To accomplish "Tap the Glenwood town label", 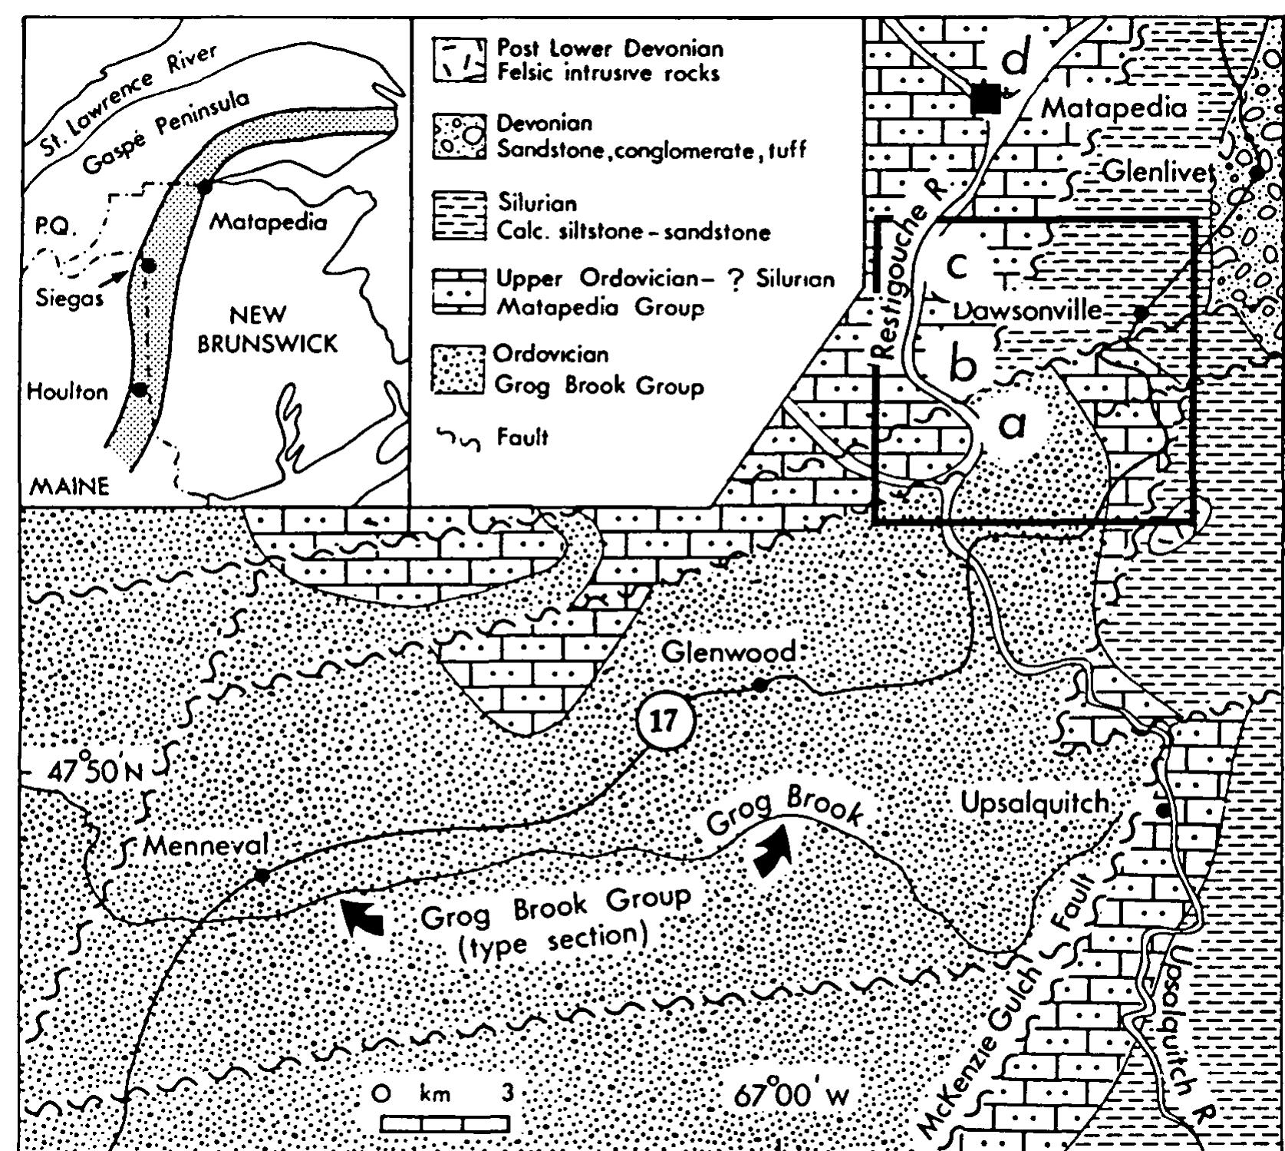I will [728, 652].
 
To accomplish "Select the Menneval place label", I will [206, 846].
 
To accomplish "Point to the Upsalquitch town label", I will [1035, 803].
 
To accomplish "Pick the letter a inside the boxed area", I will [1012, 422].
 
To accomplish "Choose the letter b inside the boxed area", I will [962, 364].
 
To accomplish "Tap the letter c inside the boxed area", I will [957, 265].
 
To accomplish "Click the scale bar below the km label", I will [446, 1124].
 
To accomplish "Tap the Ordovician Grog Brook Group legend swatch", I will [458, 369].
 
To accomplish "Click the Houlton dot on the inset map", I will [139, 390].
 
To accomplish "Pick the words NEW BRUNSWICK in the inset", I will [267, 328].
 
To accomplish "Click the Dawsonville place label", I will [1027, 311].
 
